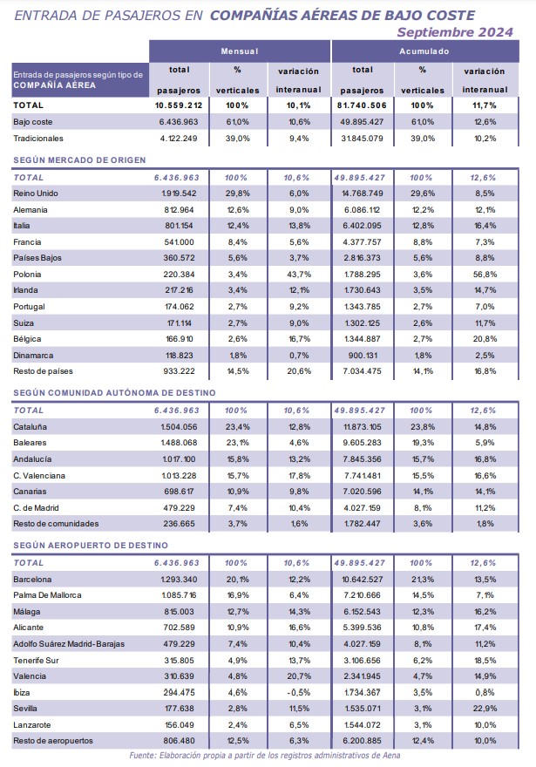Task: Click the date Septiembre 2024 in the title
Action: click(455, 32)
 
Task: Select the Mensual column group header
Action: click(240, 51)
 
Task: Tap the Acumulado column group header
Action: click(424, 51)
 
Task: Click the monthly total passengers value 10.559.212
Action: click(179, 105)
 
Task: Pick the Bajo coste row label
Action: click(33, 122)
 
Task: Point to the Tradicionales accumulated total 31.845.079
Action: click(362, 139)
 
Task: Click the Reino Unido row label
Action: click(36, 193)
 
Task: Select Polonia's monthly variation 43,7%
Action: click(299, 275)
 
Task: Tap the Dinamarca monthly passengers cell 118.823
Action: click(179, 356)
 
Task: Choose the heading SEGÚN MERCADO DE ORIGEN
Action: click(79, 160)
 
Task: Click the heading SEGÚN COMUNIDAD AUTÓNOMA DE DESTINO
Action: click(114, 393)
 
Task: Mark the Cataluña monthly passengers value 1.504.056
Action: click(179, 427)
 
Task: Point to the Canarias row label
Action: click(30, 492)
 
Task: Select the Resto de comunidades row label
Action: click(56, 524)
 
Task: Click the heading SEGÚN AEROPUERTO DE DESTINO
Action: click(91, 546)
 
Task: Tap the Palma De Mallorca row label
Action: click(47, 595)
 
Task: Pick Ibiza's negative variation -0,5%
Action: click(299, 693)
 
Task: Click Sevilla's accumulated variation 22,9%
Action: click(485, 709)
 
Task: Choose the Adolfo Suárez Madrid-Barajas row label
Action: click(69, 644)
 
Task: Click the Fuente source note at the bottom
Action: click(265, 756)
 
